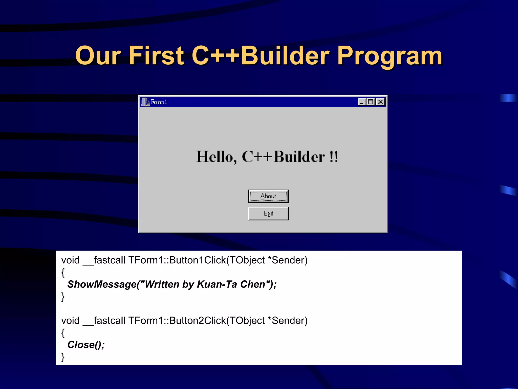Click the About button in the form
[x=268, y=196]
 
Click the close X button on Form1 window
[x=380, y=102]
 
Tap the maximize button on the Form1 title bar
[x=371, y=102]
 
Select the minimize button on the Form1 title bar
[x=362, y=102]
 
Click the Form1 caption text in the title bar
[x=159, y=102]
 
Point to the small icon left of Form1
[x=145, y=102]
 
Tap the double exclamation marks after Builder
[x=334, y=157]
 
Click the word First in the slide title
[x=156, y=56]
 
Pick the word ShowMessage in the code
[x=102, y=284]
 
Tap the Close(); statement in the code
[x=86, y=345]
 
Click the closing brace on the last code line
[x=63, y=357]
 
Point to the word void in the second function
[x=70, y=321]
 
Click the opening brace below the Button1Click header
[x=63, y=273]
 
